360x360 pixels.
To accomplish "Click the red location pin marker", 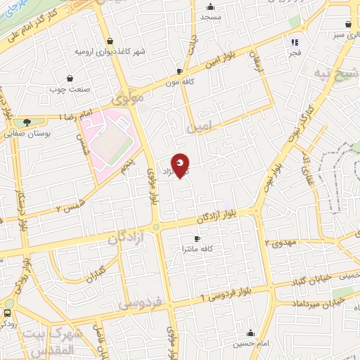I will tap(181, 165).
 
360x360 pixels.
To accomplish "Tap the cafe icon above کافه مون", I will tap(180, 71).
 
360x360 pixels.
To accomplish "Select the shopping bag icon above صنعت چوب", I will tap(69, 79).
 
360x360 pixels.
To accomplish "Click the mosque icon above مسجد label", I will tap(209, 5).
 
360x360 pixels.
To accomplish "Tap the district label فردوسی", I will tap(139, 304).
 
